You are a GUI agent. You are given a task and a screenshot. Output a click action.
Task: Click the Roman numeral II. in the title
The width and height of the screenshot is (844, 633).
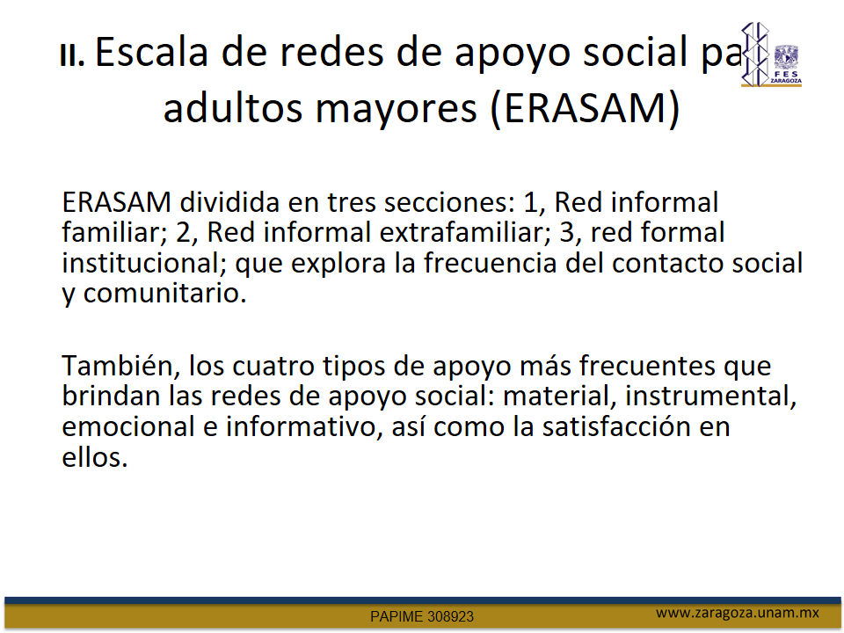[72, 55]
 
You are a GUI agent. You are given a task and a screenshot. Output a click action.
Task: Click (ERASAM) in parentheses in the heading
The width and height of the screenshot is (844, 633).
[586, 108]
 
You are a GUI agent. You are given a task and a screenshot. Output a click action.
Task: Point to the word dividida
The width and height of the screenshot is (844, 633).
[229, 202]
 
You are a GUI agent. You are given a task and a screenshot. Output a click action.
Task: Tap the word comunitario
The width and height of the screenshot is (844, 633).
[164, 294]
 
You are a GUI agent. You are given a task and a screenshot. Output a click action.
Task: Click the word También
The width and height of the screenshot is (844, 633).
[120, 366]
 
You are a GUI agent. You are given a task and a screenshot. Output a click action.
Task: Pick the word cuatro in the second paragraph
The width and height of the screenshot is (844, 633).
[273, 367]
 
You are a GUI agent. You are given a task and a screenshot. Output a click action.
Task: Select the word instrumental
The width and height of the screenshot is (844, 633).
[710, 397]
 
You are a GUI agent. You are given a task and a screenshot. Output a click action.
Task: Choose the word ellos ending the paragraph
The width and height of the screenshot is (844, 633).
[95, 457]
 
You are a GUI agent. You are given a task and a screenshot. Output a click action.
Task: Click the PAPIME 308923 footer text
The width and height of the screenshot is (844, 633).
[422, 617]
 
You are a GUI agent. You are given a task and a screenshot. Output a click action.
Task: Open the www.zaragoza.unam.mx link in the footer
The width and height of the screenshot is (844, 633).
[738, 613]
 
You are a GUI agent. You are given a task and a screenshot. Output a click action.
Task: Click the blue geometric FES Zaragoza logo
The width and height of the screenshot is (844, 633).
[755, 54]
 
